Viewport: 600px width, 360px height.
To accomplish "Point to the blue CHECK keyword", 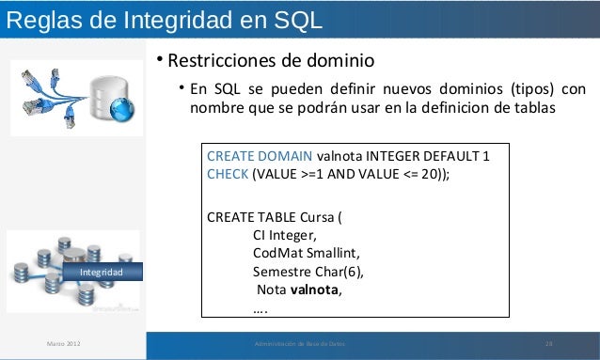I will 226,174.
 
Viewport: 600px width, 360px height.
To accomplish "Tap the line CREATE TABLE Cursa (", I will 275,217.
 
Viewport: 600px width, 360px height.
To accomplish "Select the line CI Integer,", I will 285,235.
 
